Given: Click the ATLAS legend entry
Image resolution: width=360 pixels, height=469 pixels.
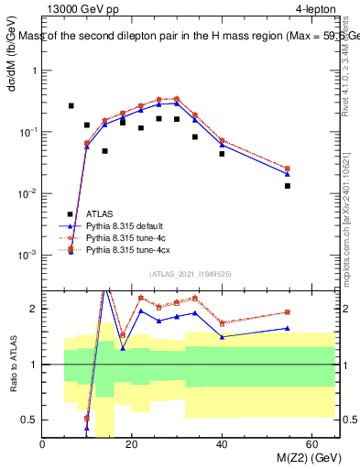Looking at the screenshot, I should (x=101, y=214).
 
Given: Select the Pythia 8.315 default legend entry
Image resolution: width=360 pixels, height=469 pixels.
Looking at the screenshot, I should (x=125, y=226).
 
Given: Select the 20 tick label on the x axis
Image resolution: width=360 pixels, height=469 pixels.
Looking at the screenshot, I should (x=132, y=445).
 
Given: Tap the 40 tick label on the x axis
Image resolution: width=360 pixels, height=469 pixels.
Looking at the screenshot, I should (x=222, y=445).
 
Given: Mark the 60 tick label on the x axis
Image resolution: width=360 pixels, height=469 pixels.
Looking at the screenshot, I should (x=311, y=445).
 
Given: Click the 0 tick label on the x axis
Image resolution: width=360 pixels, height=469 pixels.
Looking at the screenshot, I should (x=42, y=445).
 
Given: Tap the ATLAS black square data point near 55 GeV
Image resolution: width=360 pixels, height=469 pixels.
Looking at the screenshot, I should (x=288, y=186).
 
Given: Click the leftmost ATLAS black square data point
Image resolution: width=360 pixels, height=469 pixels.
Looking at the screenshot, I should (x=71, y=106).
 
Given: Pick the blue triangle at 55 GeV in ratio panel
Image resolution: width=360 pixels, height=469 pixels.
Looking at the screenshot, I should (x=288, y=328).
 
